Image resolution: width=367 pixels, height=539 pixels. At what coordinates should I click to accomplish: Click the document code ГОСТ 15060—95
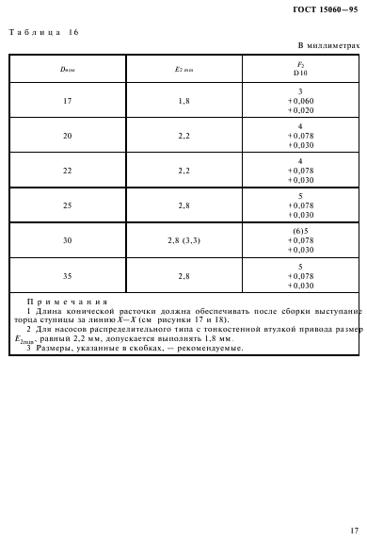[325, 9]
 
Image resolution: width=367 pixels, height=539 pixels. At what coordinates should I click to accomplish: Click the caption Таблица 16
[44, 32]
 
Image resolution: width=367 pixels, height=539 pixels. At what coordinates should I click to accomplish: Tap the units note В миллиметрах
[329, 45]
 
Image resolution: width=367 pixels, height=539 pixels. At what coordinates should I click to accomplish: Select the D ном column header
[67, 69]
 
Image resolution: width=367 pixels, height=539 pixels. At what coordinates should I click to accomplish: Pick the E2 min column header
[183, 69]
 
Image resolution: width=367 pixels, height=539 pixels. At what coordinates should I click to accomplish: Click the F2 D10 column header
[300, 69]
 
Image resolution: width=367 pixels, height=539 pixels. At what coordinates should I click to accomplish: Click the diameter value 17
[67, 100]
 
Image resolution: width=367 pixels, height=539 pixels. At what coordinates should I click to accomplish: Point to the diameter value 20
[67, 136]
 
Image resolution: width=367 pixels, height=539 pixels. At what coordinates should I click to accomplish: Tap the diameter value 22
[67, 171]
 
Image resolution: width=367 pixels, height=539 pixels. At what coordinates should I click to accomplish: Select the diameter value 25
[67, 205]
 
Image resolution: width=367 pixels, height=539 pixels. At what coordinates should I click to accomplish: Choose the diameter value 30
[67, 240]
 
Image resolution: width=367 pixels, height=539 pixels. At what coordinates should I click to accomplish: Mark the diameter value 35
[67, 275]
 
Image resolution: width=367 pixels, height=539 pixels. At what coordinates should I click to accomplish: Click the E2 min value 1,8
[183, 100]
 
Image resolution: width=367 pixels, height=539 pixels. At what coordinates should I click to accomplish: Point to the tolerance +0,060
[300, 100]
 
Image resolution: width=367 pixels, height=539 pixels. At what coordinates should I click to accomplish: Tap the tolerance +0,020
[300, 109]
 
